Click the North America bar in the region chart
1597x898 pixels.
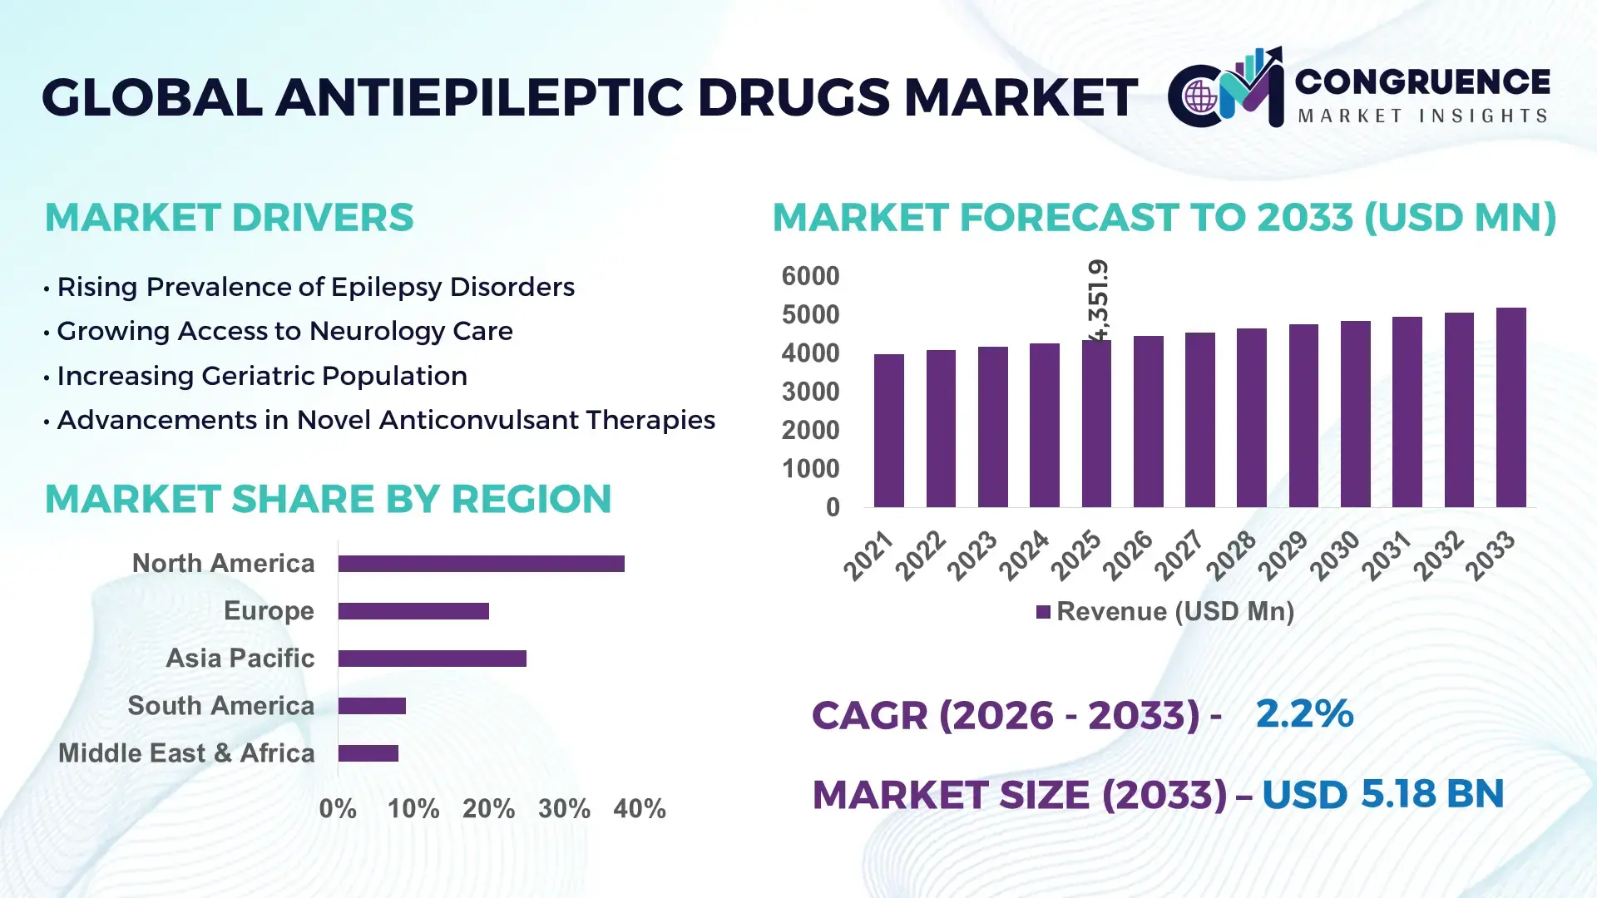(x=481, y=564)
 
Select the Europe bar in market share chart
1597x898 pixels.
(x=413, y=611)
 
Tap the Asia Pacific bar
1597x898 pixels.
(x=432, y=659)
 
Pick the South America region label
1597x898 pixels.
(x=221, y=706)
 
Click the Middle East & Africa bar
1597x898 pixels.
(x=368, y=753)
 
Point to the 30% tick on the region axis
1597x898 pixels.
(x=564, y=808)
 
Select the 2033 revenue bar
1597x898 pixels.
(x=1510, y=407)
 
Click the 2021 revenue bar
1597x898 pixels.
(x=888, y=431)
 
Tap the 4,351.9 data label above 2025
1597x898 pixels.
(x=1098, y=301)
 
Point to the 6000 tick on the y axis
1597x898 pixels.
(x=810, y=276)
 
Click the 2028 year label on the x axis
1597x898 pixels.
(x=1232, y=555)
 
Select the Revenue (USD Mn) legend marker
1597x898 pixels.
(x=1043, y=612)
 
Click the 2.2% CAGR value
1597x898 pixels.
(x=1304, y=713)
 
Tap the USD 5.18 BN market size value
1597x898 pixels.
(x=1382, y=794)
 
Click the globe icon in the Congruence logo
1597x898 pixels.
(x=1200, y=97)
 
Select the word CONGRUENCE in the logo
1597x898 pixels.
(x=1422, y=81)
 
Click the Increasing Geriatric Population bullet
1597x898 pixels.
(x=261, y=376)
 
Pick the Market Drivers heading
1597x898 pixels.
(x=229, y=218)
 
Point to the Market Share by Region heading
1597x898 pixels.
(x=328, y=499)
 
